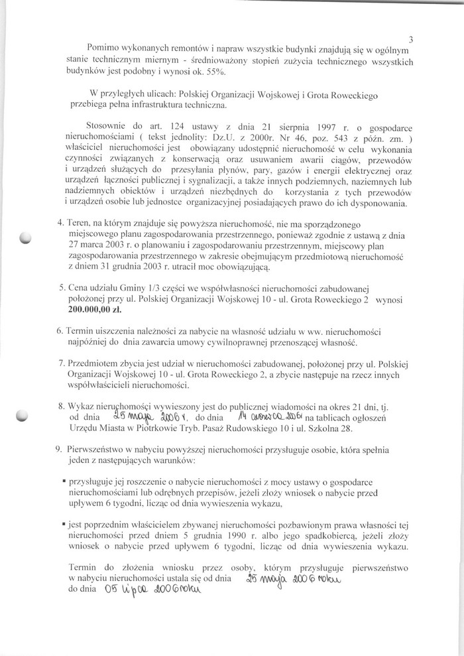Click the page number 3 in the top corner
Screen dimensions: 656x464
pos(412,39)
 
